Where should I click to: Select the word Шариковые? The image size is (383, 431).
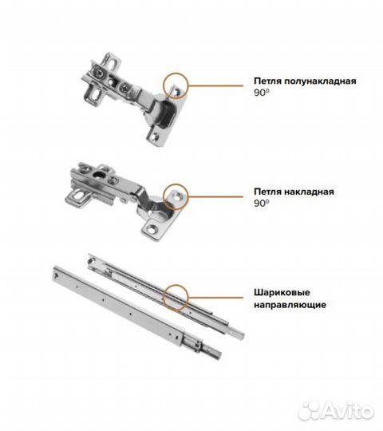[x=282, y=292]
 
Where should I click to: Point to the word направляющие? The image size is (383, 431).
[x=290, y=305]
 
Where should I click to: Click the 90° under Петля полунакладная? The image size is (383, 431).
[x=261, y=93]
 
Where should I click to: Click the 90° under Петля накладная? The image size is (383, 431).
[x=261, y=204]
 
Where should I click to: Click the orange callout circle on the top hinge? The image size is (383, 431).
[x=164, y=85]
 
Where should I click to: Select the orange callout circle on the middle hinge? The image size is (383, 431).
[x=164, y=197]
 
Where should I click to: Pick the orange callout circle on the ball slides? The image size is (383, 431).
[x=164, y=298]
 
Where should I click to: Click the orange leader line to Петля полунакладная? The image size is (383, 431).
[x=216, y=85]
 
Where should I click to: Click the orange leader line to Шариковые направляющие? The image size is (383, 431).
[x=216, y=298]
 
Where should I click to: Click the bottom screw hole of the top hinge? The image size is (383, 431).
[x=156, y=136]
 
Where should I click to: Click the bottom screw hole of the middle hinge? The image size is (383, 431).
[x=152, y=229]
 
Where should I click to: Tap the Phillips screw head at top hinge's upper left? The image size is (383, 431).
[x=99, y=73]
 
